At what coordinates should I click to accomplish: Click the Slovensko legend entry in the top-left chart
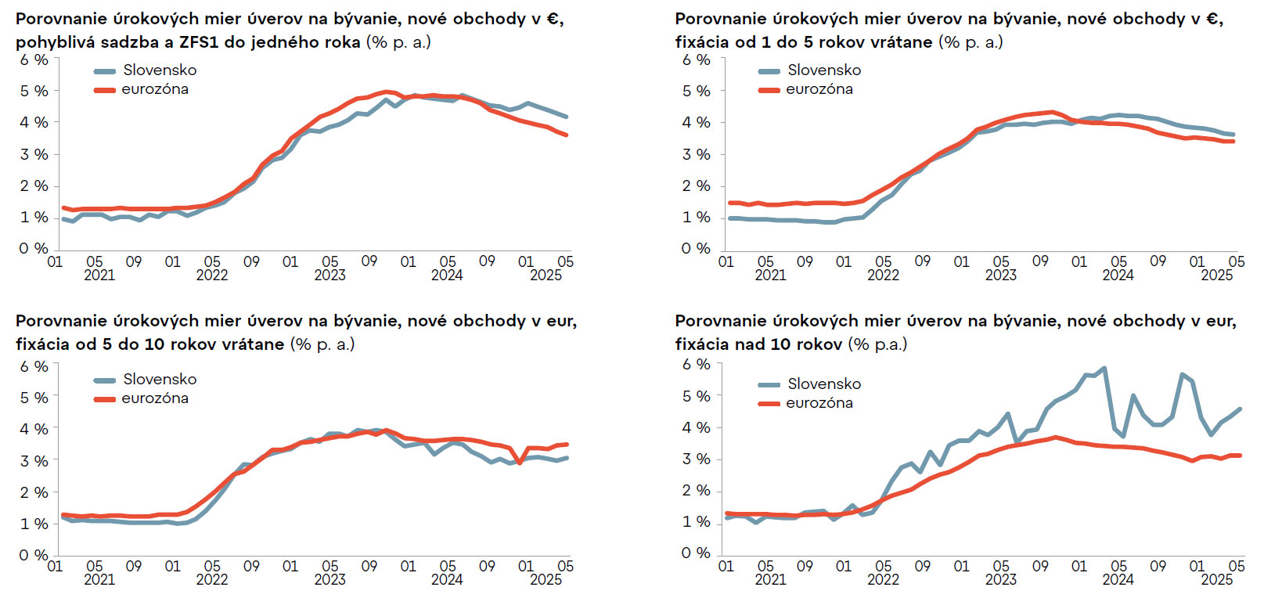pos(160,70)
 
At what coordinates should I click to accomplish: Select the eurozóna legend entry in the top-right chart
pos(819,89)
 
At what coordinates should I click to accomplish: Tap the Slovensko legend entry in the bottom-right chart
pos(823,384)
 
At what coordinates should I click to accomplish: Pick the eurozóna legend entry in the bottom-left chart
pos(154,398)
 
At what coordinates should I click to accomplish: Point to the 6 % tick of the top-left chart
pos(34,59)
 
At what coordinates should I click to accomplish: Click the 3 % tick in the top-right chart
pos(696,154)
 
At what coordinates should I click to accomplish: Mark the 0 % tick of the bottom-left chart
pos(34,555)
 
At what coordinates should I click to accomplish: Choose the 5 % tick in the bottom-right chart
pos(696,396)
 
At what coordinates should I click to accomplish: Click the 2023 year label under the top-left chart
pos(330,275)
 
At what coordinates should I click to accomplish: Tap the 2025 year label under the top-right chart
pos(1216,275)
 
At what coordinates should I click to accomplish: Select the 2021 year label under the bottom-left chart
pos(99,579)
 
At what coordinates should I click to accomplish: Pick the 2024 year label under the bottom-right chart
pos(1118,579)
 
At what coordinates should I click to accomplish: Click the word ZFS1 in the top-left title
pos(198,42)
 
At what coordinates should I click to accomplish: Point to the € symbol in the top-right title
pos(1215,19)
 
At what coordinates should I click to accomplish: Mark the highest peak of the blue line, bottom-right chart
pos(1104,368)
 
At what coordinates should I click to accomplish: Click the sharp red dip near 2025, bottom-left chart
pos(520,463)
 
